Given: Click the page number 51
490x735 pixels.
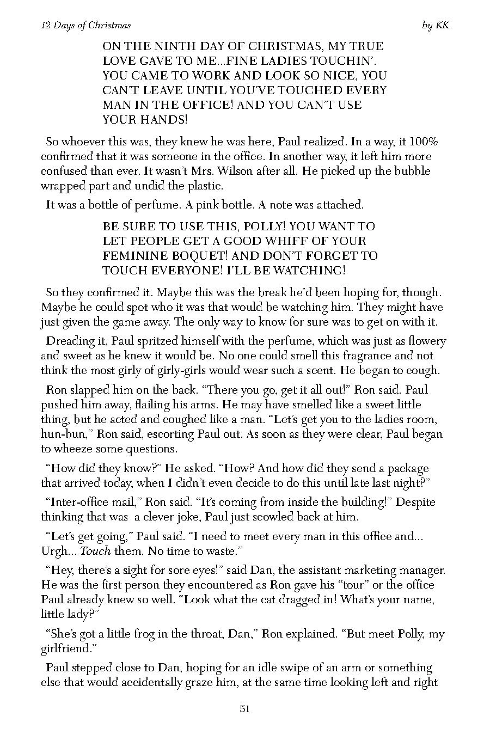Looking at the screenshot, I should [x=244, y=708].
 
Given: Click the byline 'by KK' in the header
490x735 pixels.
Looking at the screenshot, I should [x=436, y=26].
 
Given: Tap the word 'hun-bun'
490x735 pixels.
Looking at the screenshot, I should [x=61, y=434].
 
